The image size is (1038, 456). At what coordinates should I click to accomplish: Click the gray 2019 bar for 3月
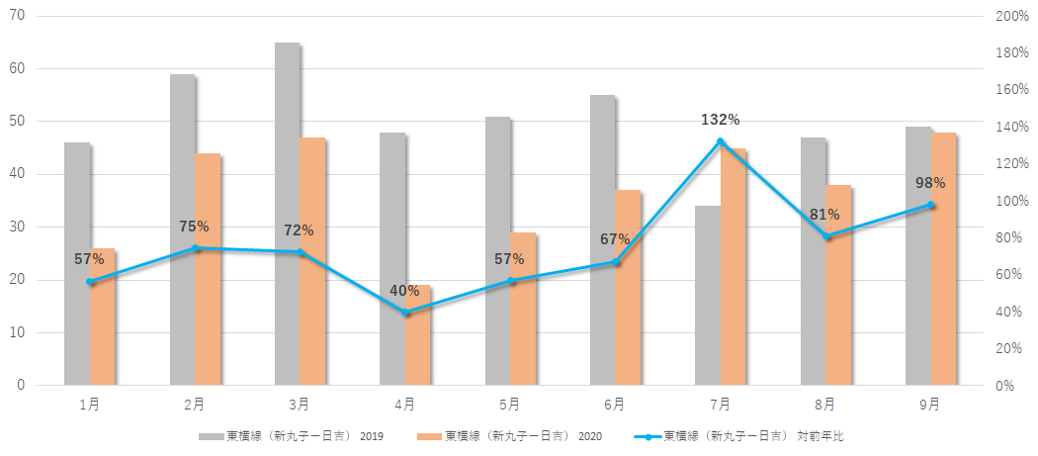(287, 213)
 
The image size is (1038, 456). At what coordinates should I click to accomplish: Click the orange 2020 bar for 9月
(944, 257)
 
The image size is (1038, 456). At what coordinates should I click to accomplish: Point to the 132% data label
(720, 120)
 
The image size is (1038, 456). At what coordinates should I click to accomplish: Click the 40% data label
(404, 291)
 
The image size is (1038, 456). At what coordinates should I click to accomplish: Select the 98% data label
(930, 183)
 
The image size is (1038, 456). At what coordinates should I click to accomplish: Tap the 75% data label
(194, 227)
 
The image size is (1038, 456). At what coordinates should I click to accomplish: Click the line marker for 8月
(826, 236)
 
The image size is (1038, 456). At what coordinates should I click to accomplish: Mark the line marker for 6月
(616, 262)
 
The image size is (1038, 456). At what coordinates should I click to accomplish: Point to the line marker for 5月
(511, 281)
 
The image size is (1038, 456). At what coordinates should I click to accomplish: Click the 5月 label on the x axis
(510, 404)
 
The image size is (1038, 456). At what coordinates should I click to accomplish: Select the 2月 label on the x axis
(195, 404)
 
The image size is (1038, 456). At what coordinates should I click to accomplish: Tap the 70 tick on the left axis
(18, 17)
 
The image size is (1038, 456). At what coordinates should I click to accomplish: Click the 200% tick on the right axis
(1012, 17)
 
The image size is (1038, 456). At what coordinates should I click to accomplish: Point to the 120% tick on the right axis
(1012, 164)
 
